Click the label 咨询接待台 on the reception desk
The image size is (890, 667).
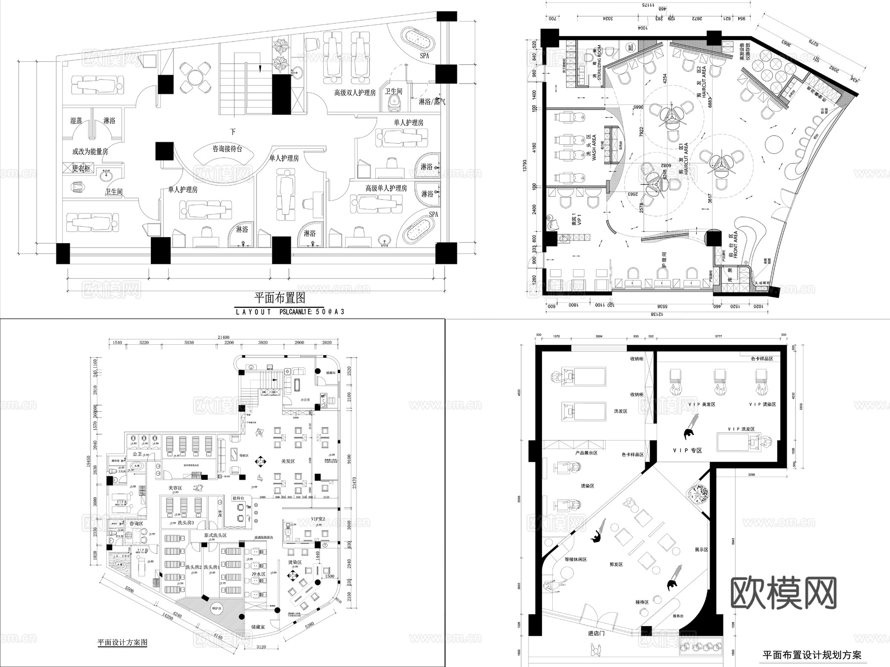tap(227, 148)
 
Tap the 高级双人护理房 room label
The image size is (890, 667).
tap(355, 92)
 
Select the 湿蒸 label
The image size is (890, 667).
tap(76, 121)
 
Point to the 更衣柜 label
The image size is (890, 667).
tap(82, 168)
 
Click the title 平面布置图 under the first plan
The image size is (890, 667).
tap(279, 298)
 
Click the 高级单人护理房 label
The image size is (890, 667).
tap(386, 188)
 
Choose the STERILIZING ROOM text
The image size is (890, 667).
tap(599, 63)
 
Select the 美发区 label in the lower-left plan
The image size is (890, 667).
tap(288, 461)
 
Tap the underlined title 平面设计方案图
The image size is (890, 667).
tap(122, 643)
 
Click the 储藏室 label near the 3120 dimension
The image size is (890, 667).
tap(258, 626)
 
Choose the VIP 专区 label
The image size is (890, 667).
tap(687, 450)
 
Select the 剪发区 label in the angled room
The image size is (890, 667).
tap(615, 564)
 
